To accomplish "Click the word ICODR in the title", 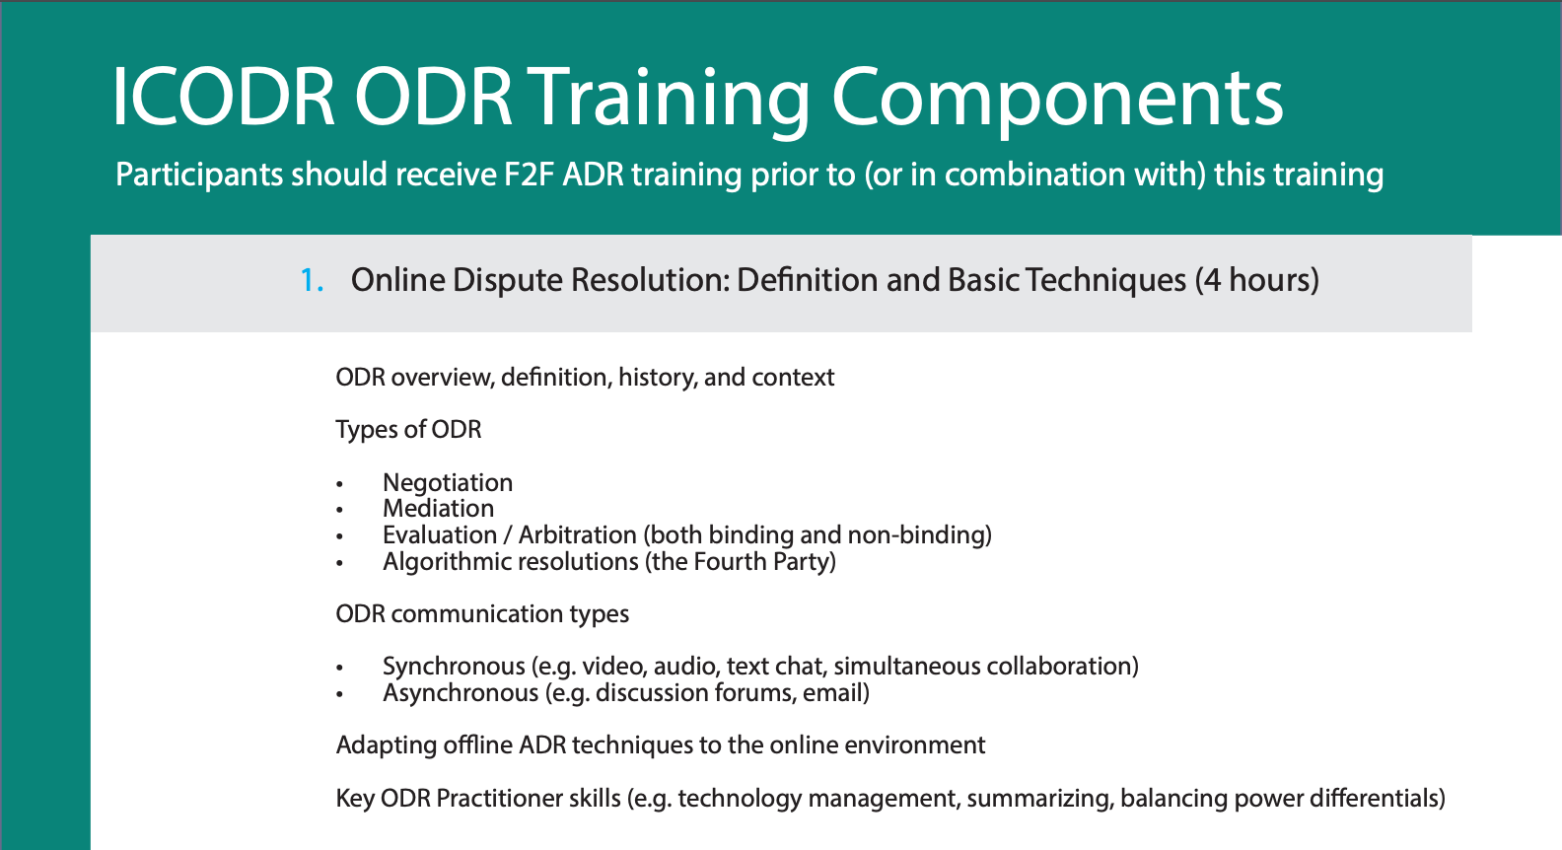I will (x=224, y=98).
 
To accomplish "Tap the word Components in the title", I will (x=1056, y=98).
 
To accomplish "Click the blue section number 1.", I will (x=311, y=280).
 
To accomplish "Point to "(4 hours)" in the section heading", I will (x=1256, y=280).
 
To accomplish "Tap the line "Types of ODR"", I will (x=408, y=430).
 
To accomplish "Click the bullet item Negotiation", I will (x=448, y=482).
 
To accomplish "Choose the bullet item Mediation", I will (x=438, y=509).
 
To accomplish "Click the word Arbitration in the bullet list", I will (x=577, y=535).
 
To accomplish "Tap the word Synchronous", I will (x=454, y=667).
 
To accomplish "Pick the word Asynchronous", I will (x=461, y=693).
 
